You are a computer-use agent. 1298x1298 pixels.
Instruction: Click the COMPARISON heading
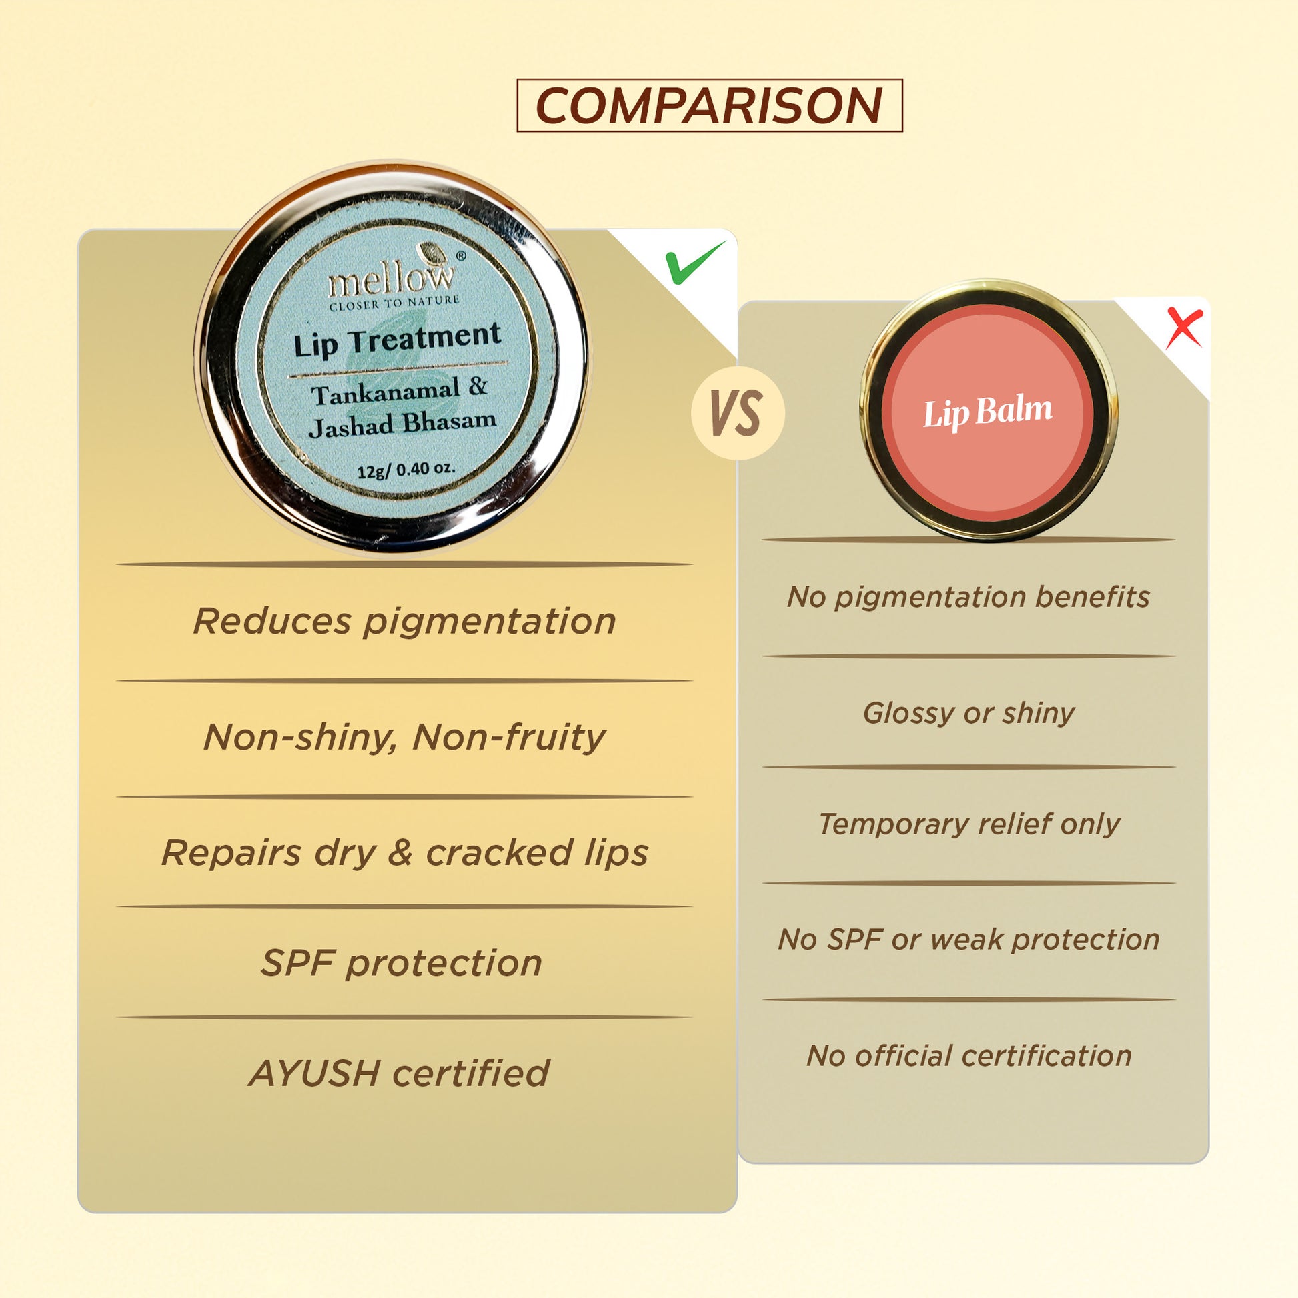coord(709,105)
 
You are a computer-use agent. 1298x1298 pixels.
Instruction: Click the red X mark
coord(1184,328)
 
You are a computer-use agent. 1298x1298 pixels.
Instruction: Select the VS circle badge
coord(738,413)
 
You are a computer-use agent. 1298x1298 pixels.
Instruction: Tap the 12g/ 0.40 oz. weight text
coord(406,468)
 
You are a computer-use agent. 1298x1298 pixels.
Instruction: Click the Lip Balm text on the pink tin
coord(988,411)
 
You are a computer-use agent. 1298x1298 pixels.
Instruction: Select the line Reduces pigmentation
coord(404,621)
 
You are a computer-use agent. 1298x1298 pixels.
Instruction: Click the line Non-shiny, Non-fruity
coord(404,737)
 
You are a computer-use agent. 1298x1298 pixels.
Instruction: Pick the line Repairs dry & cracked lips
coord(405,852)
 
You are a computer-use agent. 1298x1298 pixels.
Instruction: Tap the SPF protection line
coord(402,962)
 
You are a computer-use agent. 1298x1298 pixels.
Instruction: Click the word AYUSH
coord(313,1073)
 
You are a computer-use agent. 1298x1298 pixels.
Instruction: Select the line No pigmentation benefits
coord(968,596)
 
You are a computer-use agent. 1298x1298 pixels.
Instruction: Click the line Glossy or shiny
coord(968,713)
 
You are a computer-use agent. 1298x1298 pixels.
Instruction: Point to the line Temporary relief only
coord(968,824)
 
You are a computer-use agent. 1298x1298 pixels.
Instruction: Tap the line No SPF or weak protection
coord(968,939)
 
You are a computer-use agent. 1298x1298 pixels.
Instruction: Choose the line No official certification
coord(968,1055)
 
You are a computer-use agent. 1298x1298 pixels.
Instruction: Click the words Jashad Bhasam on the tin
coord(402,424)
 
